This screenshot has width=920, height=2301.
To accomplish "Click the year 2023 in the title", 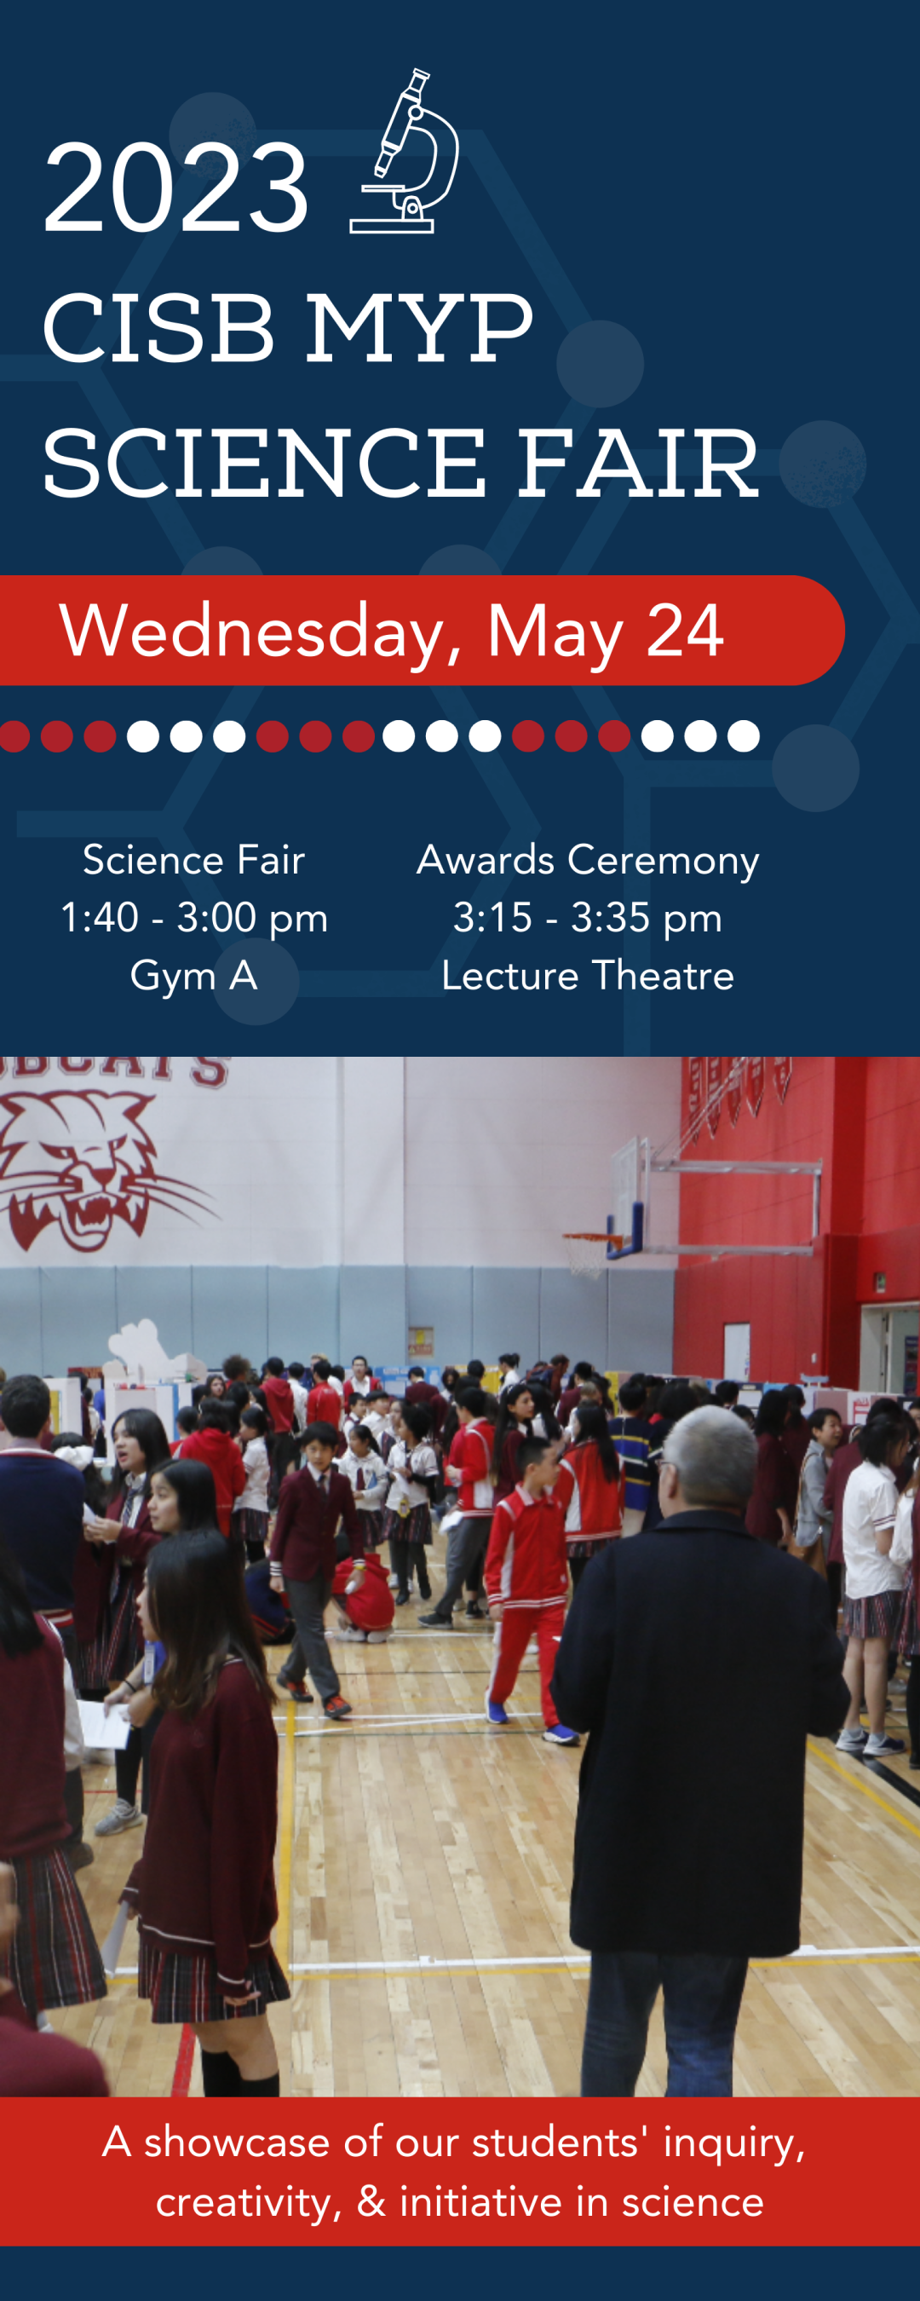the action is pos(176,188).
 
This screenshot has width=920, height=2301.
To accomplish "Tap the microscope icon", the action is pos(404,152).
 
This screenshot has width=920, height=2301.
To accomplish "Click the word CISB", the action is pos(158,329).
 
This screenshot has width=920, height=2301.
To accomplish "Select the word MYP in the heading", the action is pos(419,329).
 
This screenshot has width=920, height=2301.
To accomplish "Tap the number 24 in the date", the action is pos(684,631).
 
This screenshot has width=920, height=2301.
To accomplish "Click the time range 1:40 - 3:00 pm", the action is pos(194,917).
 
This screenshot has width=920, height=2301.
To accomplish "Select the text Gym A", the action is pos(194,976).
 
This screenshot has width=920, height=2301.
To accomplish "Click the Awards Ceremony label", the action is pos(588,860).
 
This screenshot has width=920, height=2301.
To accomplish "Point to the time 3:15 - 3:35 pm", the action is pos(588,917).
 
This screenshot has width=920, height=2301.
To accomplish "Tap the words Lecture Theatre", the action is pos(588,976).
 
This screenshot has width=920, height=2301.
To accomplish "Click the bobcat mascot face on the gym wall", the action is pos(89,1170).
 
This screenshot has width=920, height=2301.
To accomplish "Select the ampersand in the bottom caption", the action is pos(371,2201).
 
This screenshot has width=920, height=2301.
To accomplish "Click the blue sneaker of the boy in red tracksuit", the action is pos(560,1733).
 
